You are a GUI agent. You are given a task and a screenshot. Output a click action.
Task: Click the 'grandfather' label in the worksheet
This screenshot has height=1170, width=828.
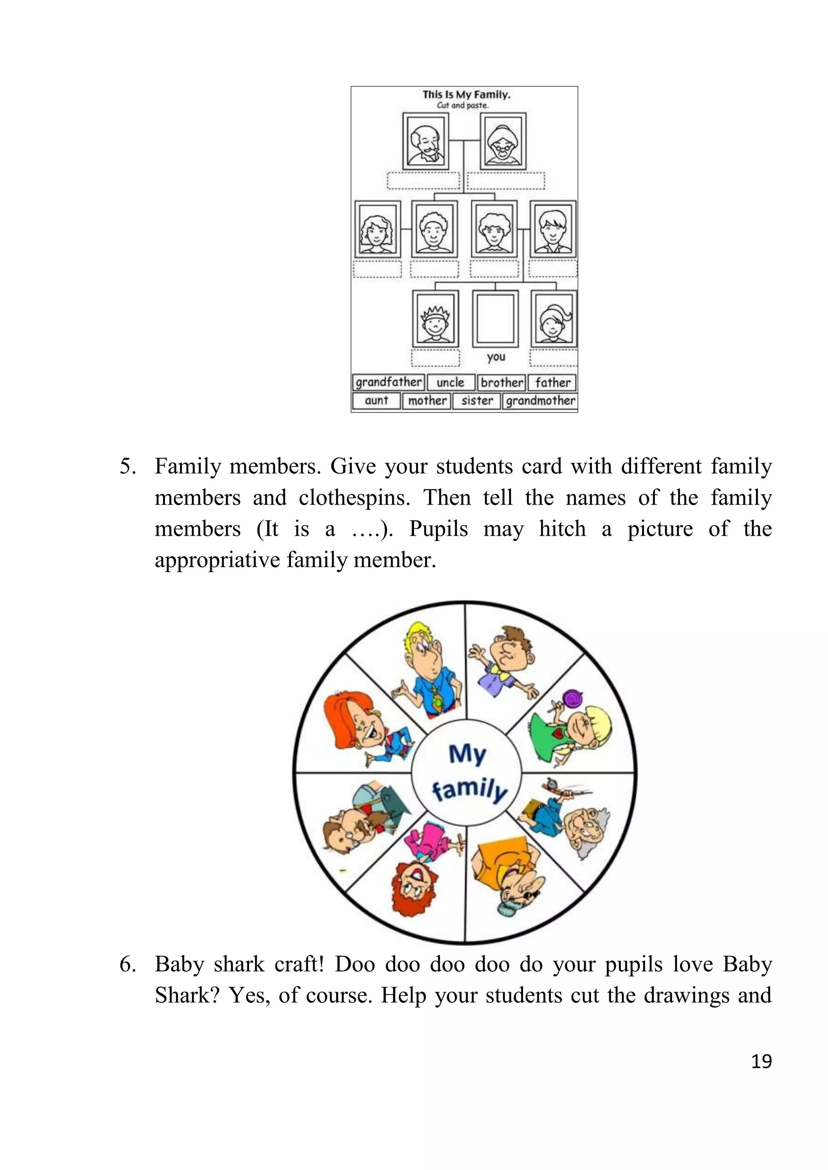tap(389, 382)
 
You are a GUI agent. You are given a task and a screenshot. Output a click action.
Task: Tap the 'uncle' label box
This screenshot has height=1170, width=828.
tap(451, 383)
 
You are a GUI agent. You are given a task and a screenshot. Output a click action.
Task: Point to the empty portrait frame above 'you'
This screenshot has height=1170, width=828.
tap(495, 318)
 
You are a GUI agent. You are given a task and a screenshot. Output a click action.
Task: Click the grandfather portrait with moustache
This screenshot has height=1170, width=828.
tap(426, 141)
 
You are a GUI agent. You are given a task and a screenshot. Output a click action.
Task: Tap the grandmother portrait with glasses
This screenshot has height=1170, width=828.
tap(503, 141)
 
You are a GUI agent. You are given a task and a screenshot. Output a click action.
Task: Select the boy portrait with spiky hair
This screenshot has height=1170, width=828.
tap(435, 318)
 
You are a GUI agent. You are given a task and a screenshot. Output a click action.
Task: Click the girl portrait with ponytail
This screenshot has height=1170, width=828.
tap(554, 318)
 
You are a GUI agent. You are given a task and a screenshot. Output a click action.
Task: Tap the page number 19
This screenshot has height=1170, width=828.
tap(761, 1061)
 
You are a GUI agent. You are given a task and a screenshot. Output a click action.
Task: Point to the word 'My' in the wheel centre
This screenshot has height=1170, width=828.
tap(467, 753)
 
